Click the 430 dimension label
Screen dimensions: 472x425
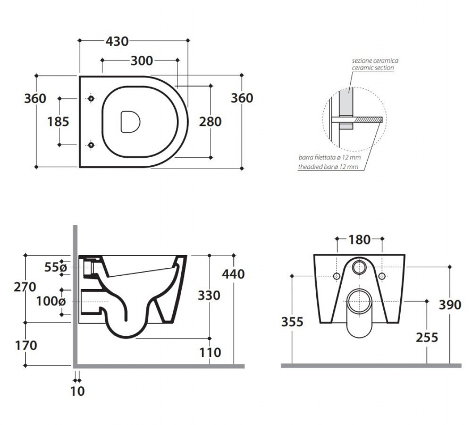(x=117, y=41)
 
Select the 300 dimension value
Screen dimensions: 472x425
(x=142, y=61)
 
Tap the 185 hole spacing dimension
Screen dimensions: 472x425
(x=58, y=122)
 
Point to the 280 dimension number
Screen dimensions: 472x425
(x=210, y=122)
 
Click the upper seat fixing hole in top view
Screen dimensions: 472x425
(x=91, y=98)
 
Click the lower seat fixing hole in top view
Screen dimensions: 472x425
(x=91, y=145)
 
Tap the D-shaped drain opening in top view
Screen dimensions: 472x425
(x=130, y=122)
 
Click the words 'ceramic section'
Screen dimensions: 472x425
(x=373, y=68)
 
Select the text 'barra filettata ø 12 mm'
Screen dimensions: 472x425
(x=330, y=157)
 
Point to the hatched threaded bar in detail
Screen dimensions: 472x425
(x=368, y=120)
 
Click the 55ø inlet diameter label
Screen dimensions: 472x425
(x=55, y=267)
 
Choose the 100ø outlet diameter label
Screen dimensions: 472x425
(x=51, y=301)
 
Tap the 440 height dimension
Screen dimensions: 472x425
(x=233, y=274)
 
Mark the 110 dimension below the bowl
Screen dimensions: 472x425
(x=210, y=352)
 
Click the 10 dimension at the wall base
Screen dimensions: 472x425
(x=78, y=391)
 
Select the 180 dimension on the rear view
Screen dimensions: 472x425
(x=359, y=240)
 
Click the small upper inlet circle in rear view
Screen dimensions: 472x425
(x=359, y=267)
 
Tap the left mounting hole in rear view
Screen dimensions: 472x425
(x=337, y=276)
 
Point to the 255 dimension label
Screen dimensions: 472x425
(x=427, y=337)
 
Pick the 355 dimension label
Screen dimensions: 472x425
(x=292, y=322)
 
